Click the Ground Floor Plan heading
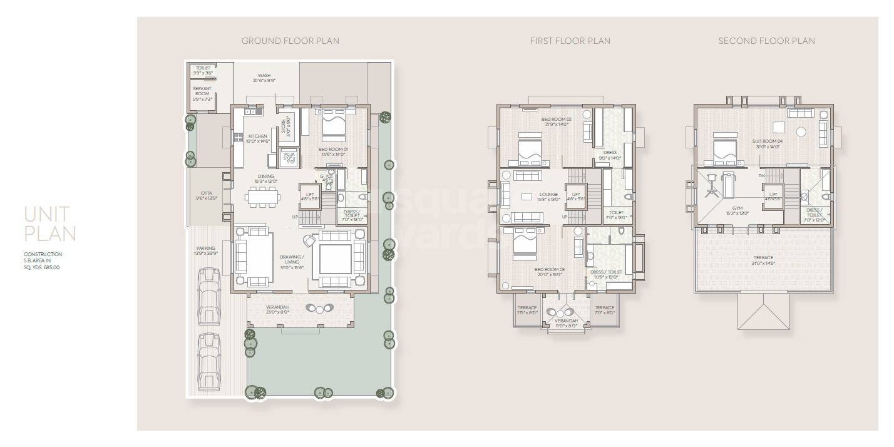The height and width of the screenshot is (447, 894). [290, 41]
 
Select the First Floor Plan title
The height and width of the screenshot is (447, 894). [570, 41]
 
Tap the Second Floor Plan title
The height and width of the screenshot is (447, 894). [766, 41]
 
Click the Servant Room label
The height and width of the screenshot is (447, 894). [202, 93]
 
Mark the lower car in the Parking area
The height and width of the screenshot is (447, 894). [208, 361]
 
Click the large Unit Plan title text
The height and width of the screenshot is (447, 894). [50, 224]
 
